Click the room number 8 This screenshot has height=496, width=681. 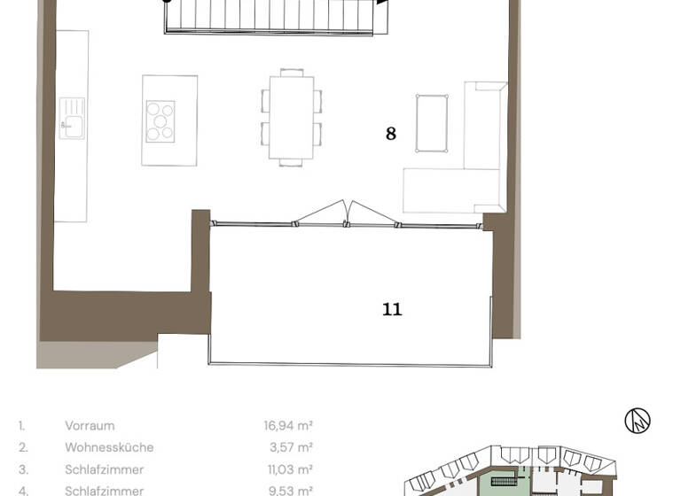[390, 134]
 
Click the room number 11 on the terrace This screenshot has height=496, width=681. [392, 309]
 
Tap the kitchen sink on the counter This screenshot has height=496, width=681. [72, 118]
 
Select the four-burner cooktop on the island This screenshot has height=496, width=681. [160, 120]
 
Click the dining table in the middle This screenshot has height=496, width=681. [291, 117]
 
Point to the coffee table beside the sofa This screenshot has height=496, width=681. [432, 123]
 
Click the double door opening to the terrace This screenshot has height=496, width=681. [348, 213]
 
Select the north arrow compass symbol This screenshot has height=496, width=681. [637, 421]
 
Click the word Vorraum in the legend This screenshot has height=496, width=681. [90, 426]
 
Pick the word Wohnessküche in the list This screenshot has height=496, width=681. [109, 448]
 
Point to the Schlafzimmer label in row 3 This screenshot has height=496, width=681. [104, 469]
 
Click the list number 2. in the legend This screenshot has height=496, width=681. [23, 448]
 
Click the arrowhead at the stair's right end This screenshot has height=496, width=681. [382, 3]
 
